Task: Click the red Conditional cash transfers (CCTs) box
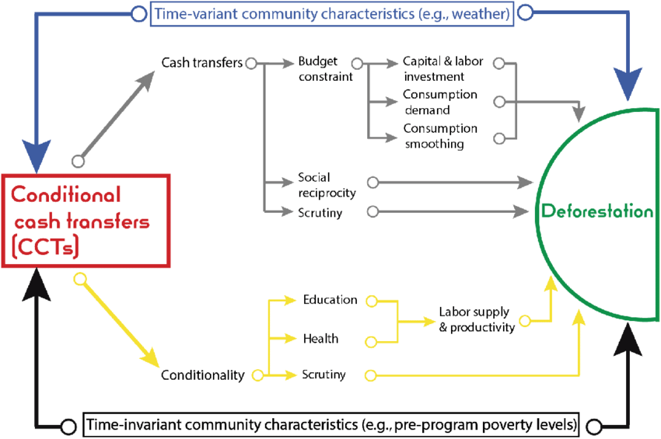[89, 221]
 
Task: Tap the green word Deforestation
[596, 211]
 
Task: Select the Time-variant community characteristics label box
[332, 14]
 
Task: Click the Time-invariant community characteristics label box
[331, 425]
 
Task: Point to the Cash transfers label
[202, 63]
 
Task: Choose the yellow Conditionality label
[203, 375]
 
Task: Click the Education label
[330, 300]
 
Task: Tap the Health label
[320, 339]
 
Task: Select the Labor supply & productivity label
[476, 320]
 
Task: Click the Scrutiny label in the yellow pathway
[324, 375]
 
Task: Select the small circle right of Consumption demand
[500, 101]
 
